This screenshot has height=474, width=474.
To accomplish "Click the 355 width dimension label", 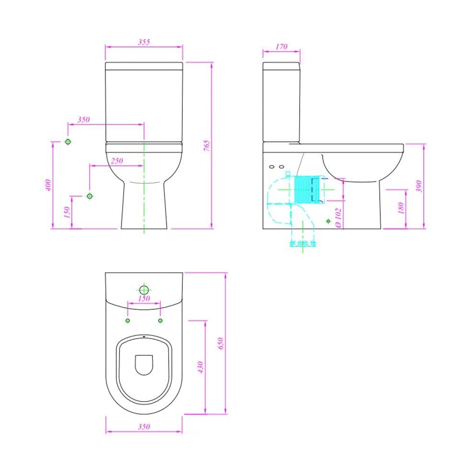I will pyautogui.click(x=144, y=42).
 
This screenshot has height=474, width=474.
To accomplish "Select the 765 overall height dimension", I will pyautogui.click(x=207, y=146).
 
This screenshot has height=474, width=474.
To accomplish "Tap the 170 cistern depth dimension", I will pyautogui.click(x=282, y=46).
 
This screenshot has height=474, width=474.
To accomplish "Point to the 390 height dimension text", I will pyautogui.click(x=419, y=186).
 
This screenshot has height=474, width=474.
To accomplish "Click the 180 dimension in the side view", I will pyautogui.click(x=401, y=208).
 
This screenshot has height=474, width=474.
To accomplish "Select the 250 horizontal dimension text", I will pyautogui.click(x=117, y=161).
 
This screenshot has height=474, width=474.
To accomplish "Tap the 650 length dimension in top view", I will pyautogui.click(x=221, y=343).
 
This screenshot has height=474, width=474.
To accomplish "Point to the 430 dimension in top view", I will pyautogui.click(x=201, y=367).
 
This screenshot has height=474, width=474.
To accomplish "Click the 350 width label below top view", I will pyautogui.click(x=144, y=427).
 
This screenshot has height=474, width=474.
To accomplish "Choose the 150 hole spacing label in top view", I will pyautogui.click(x=144, y=298).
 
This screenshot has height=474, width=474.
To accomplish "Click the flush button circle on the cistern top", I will pyautogui.click(x=144, y=289).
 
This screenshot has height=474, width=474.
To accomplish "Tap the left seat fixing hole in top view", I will pyautogui.click(x=127, y=320).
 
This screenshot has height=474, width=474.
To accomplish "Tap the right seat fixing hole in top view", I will pyautogui.click(x=160, y=320).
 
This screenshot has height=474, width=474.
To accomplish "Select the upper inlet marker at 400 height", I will pyautogui.click(x=68, y=142).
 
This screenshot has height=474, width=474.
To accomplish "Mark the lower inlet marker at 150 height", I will pyautogui.click(x=90, y=196).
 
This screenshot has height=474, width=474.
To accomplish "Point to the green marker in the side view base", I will pyautogui.click(x=328, y=221).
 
